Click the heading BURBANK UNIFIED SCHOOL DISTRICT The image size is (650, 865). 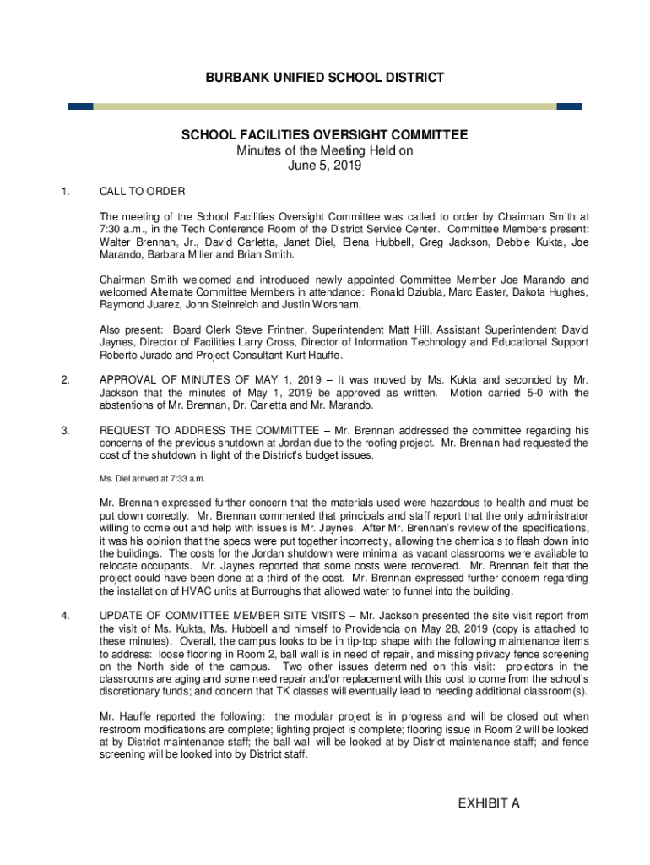325,78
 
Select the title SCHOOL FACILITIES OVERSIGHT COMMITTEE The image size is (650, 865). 325,135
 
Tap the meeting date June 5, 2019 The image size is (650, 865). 325,166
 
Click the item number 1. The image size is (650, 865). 65,190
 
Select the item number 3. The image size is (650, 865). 65,430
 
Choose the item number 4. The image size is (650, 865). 65,615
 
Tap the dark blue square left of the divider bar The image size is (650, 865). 80,106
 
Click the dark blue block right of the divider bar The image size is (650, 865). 570,106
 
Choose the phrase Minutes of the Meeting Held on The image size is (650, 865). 325,151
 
